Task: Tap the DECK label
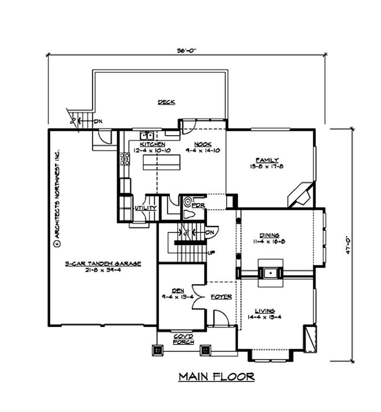[x=166, y=102]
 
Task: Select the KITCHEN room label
[x=152, y=144]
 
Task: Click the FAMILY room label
[x=267, y=160]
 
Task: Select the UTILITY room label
[x=145, y=208]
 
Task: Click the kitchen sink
[x=147, y=135]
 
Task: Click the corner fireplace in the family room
[x=301, y=194]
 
